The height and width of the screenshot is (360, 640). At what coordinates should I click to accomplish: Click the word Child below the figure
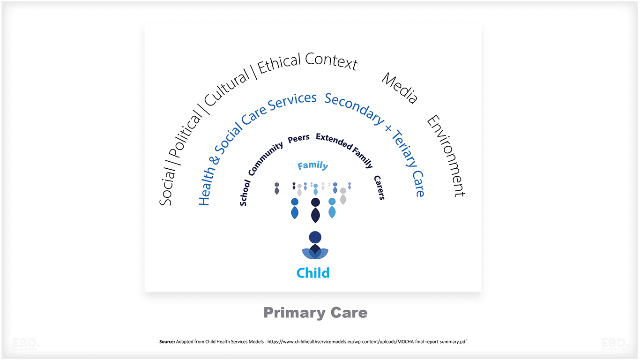coord(313,273)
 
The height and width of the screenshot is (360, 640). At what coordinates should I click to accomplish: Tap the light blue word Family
coord(313,165)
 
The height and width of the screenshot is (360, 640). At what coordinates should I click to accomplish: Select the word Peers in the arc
coord(298,138)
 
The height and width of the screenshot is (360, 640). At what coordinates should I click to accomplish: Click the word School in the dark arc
coord(244,193)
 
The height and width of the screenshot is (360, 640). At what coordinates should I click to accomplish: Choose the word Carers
coord(379,187)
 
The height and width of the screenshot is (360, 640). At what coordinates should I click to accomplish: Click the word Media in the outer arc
coord(399,88)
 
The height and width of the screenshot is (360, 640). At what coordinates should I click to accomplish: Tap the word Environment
coord(446,156)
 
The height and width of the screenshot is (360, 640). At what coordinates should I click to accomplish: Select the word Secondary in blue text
coord(354,108)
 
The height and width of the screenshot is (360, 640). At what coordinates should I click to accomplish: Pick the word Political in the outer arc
coord(186,135)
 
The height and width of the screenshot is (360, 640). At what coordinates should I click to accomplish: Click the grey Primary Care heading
coord(315,313)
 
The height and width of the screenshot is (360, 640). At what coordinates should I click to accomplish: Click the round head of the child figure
coord(315,237)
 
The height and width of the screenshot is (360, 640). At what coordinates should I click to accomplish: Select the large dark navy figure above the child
coord(315,210)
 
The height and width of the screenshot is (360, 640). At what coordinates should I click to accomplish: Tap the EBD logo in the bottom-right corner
coord(614,344)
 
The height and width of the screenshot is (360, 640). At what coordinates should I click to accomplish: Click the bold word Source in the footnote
coord(167,342)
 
